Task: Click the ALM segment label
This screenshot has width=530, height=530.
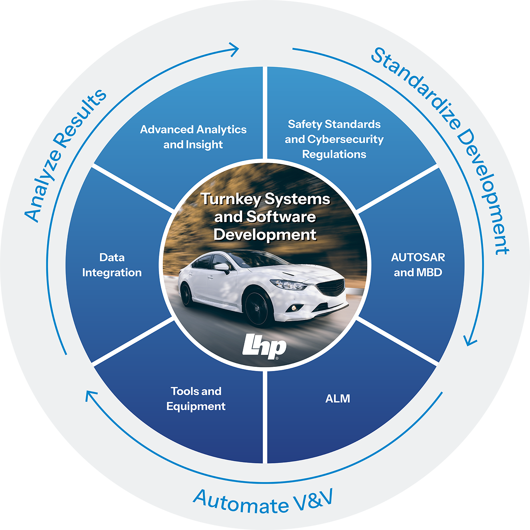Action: [337, 399]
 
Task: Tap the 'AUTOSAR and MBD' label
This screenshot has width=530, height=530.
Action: [418, 265]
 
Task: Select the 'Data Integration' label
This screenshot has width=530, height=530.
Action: [112, 265]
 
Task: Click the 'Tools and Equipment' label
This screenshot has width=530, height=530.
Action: [196, 399]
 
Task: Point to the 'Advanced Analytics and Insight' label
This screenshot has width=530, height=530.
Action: [193, 137]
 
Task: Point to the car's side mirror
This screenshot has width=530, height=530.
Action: [223, 267]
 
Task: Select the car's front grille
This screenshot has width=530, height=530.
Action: [333, 287]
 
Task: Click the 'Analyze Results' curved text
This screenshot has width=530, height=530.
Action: [64, 155]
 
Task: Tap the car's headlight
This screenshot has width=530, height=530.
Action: [288, 284]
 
